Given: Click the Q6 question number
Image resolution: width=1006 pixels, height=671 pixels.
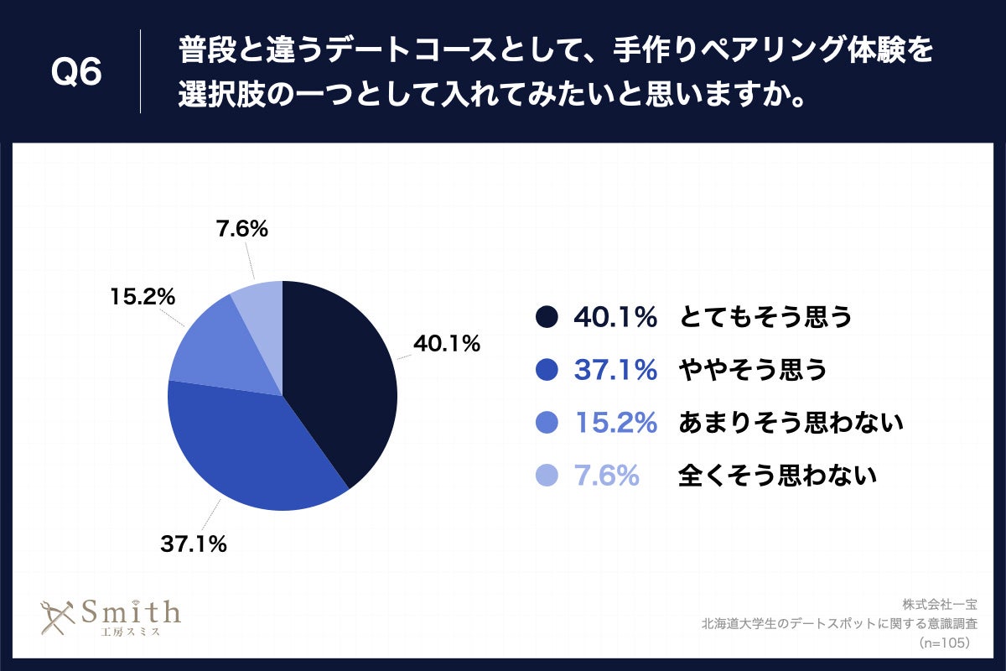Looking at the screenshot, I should (x=76, y=74).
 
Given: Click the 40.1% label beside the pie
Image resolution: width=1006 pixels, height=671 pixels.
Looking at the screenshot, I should (x=445, y=343).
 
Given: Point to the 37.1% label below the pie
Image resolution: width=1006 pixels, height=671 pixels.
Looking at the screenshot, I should (x=194, y=544).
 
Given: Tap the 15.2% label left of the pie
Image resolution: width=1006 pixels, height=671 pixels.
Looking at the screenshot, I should (x=142, y=296).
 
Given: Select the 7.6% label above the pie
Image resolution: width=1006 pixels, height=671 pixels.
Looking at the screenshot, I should (x=241, y=229).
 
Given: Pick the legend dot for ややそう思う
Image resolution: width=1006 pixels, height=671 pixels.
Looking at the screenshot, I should (x=546, y=369).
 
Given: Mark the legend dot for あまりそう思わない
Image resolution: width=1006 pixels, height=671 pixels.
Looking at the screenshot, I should (x=546, y=423).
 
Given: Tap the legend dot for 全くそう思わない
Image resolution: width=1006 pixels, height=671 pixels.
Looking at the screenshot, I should (x=546, y=476).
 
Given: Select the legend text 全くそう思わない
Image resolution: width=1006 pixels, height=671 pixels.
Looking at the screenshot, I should (x=777, y=476).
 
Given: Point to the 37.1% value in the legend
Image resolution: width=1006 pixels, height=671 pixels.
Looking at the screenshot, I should (x=614, y=369).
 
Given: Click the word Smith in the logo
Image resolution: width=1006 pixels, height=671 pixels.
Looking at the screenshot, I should (x=130, y=612).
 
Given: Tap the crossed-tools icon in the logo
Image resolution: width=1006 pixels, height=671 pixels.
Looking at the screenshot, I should (x=58, y=619).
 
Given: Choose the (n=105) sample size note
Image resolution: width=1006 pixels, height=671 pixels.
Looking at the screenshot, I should (x=945, y=642).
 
